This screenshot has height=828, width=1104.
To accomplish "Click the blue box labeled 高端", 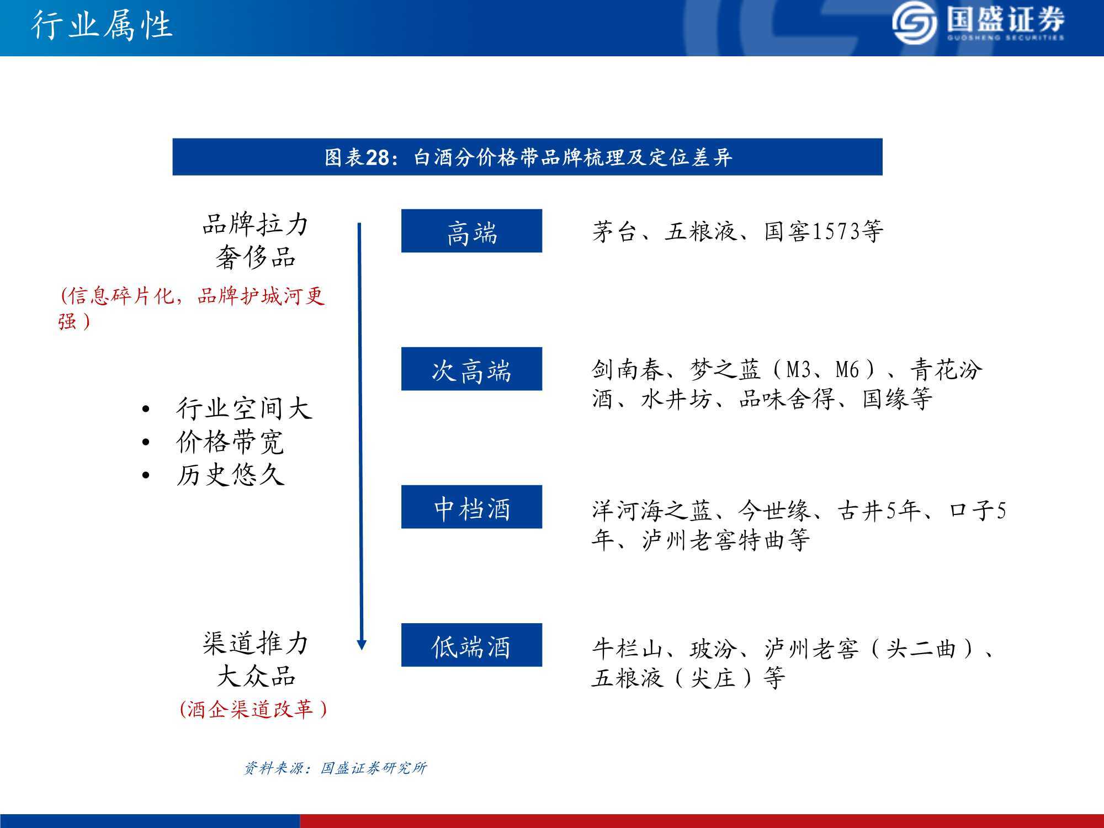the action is (x=471, y=231).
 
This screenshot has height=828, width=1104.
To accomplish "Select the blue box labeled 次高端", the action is (x=471, y=369).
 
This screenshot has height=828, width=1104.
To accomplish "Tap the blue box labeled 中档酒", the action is (x=471, y=507).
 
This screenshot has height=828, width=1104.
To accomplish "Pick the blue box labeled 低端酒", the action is (x=471, y=645).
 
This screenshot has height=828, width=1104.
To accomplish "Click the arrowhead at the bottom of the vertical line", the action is (x=362, y=645).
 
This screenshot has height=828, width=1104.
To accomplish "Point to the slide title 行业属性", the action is (x=102, y=25).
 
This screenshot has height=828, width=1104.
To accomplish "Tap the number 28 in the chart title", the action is (x=378, y=158).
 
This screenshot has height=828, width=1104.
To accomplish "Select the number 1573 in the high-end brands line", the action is (x=835, y=231).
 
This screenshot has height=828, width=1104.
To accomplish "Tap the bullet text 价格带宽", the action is (x=230, y=442).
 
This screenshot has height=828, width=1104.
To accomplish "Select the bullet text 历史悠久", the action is (x=230, y=475).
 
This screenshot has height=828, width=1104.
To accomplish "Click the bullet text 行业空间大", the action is (x=244, y=409).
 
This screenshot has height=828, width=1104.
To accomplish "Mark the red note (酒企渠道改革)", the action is (x=253, y=709).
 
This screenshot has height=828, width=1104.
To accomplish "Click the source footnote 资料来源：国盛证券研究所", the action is (x=335, y=768).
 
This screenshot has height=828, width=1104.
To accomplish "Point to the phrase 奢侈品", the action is (x=256, y=257).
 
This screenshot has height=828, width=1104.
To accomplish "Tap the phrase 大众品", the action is (x=256, y=676).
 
